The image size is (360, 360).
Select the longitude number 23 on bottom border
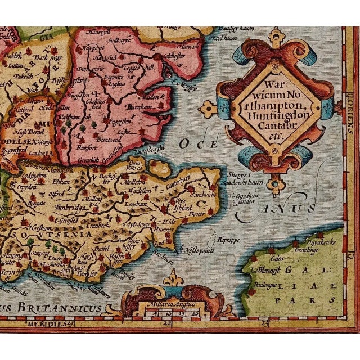[262, 323]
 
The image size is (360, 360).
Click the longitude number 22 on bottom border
[166, 323]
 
